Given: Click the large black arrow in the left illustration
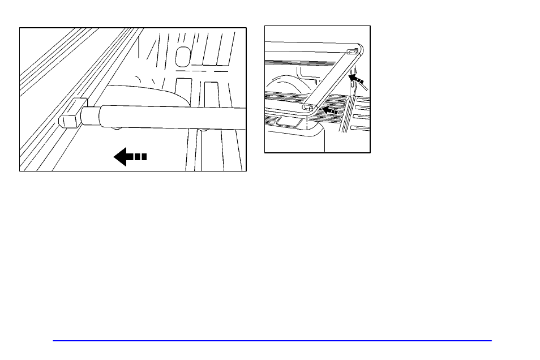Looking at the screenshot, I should coord(130,156).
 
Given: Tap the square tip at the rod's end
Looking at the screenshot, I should coord(69,119).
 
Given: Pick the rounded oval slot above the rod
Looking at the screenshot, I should coord(182,55).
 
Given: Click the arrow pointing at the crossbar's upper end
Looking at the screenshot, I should coord(356,78).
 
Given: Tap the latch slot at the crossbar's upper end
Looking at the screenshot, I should coord(352,52).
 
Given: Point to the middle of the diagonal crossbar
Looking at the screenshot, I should coord(331,79).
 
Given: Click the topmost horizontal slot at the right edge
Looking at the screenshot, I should coord(362,100).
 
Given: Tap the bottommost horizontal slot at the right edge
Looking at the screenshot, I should coord(362,128).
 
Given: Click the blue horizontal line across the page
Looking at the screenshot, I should coord(272,341).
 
